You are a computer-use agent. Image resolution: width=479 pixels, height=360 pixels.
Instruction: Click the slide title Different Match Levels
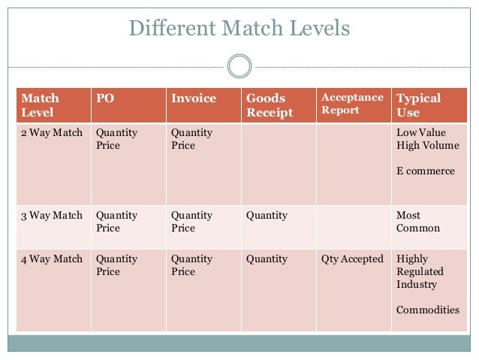click(239, 29)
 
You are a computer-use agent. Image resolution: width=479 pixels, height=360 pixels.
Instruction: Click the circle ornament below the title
click(239, 66)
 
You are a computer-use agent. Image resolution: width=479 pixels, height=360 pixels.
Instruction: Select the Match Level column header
click(41, 105)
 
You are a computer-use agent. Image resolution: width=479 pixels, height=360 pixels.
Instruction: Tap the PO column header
click(104, 98)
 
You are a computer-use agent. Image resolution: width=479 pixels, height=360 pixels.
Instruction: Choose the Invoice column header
click(193, 98)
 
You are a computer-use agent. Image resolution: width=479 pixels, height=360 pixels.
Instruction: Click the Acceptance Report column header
click(351, 104)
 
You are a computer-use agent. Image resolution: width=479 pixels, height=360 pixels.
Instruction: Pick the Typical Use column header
click(418, 105)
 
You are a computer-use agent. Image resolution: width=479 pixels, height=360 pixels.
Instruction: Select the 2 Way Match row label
click(52, 133)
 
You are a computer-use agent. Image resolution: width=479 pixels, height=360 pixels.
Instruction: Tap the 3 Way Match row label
click(52, 216)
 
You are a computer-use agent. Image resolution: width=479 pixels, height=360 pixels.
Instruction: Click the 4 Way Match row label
click(52, 259)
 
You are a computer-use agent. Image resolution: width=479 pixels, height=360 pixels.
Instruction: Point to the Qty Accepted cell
click(352, 259)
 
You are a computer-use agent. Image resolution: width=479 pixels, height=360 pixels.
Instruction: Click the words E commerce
click(425, 171)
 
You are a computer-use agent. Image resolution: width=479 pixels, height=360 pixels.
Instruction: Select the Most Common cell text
click(417, 222)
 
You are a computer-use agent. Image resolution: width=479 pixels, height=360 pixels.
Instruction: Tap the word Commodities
click(427, 310)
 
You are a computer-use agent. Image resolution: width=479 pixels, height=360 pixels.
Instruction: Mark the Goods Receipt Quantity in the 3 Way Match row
click(267, 216)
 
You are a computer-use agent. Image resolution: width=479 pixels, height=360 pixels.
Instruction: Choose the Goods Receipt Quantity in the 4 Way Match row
click(267, 259)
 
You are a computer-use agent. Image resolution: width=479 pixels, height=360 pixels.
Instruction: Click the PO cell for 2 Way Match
click(116, 139)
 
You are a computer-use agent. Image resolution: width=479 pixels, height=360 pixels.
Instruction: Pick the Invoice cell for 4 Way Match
click(191, 265)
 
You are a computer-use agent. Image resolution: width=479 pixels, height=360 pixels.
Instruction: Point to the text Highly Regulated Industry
click(420, 272)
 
